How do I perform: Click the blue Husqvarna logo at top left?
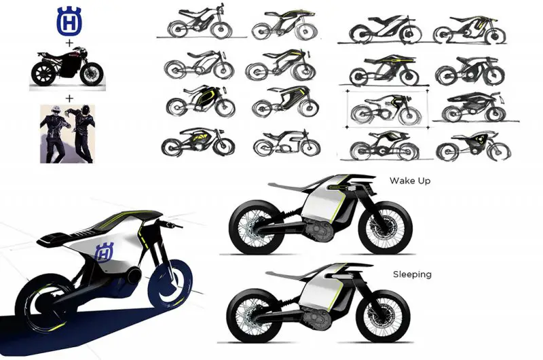[69, 21]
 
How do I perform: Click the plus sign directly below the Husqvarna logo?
[70, 43]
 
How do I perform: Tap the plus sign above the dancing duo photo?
[70, 98]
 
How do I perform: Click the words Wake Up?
[410, 181]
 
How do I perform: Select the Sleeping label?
[412, 274]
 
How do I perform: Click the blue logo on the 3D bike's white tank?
[104, 252]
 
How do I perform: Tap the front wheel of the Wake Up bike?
[385, 228]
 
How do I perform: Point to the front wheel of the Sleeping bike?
[383, 316]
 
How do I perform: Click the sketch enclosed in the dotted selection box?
[386, 109]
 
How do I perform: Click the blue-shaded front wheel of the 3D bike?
[170, 284]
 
